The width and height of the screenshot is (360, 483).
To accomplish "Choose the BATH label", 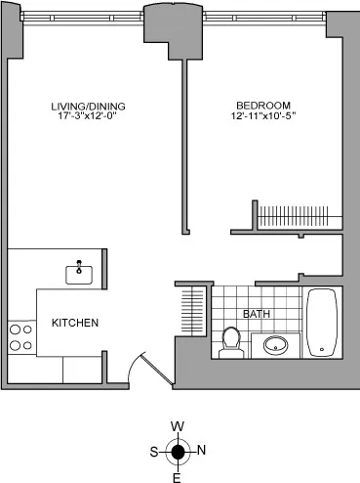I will [x=256, y=314].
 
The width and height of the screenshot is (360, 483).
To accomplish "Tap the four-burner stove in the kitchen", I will [x=20, y=337].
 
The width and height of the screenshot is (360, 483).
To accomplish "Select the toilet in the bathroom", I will [x=231, y=343].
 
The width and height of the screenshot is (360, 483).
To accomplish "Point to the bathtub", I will [x=321, y=322].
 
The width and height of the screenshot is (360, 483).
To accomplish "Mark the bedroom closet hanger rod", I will [x=299, y=212].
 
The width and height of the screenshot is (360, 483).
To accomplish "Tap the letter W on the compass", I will [x=178, y=427].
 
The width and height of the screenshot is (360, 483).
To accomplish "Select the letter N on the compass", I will [x=202, y=451].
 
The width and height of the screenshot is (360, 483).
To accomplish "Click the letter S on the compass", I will [x=153, y=451].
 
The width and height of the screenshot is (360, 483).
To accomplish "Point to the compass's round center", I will [x=178, y=451].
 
